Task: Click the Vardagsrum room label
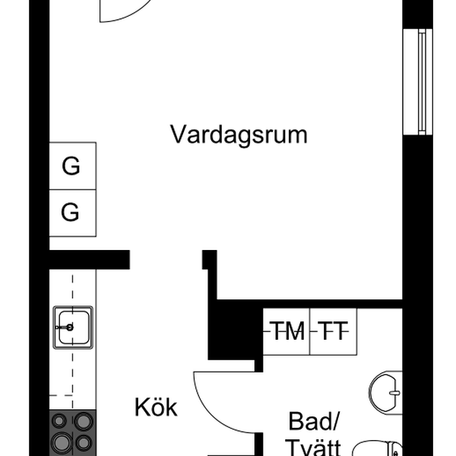point(239,135)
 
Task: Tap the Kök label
point(156,407)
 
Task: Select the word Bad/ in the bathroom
point(314,421)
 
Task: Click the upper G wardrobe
point(73,166)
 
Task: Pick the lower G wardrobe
point(73,213)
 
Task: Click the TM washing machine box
point(287,331)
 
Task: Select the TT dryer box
point(334,331)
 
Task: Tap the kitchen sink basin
point(73,327)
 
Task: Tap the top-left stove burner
point(59,420)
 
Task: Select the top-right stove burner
point(84,421)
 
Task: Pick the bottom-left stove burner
point(62,442)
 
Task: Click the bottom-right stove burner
point(84,443)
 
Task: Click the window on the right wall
point(418,82)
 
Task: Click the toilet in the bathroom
point(378,448)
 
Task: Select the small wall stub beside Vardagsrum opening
point(210,259)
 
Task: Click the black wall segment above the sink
point(90,259)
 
